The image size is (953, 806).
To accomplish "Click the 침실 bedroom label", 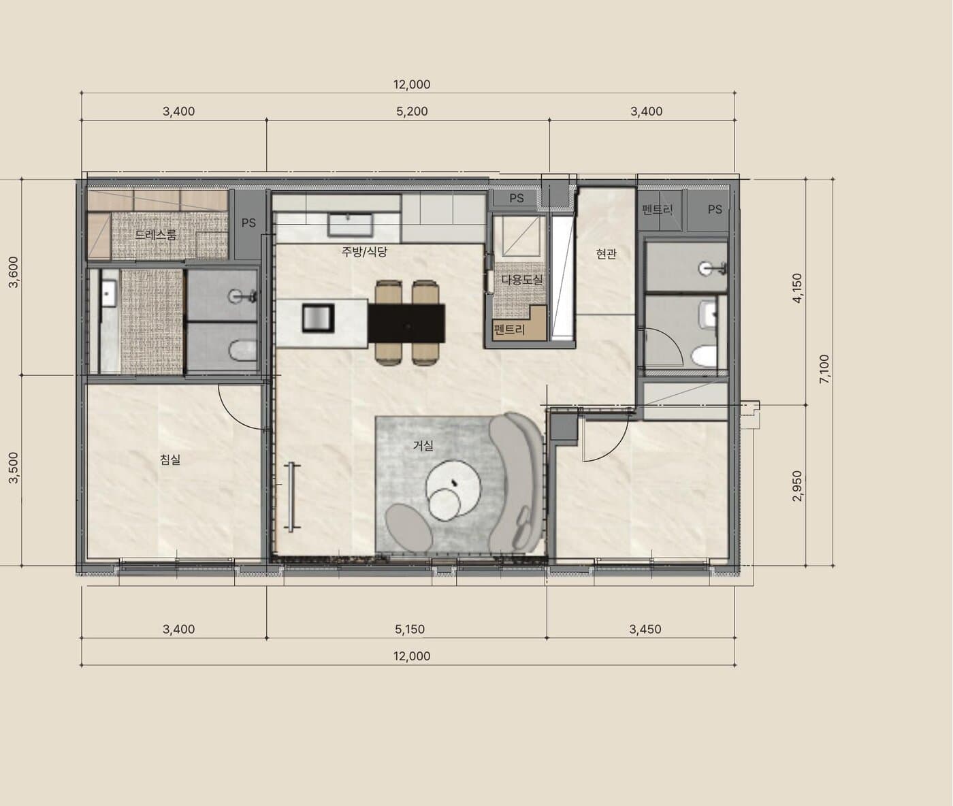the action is [170, 460].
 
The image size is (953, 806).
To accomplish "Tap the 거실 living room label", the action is [423, 445].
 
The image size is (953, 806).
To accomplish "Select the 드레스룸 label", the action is [156, 234].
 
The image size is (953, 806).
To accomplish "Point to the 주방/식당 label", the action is [364, 252].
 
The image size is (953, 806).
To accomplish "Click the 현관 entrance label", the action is [606, 253].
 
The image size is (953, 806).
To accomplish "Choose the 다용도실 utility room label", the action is [522, 279].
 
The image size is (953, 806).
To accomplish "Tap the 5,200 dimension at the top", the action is [413, 111].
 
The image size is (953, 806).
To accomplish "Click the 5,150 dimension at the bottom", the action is [410, 629].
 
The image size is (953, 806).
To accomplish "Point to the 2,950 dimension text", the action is [798, 486].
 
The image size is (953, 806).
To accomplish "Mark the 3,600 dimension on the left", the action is [14, 272].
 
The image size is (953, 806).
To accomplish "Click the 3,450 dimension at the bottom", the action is [645, 629].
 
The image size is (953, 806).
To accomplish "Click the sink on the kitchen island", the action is [318, 318].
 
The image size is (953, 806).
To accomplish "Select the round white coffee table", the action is [452, 491].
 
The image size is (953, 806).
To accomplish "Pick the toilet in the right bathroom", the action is [704, 355].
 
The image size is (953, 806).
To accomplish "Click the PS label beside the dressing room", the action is [248, 223].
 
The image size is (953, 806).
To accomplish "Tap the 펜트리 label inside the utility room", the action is [509, 329].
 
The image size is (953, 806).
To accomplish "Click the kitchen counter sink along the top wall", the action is [351, 224].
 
